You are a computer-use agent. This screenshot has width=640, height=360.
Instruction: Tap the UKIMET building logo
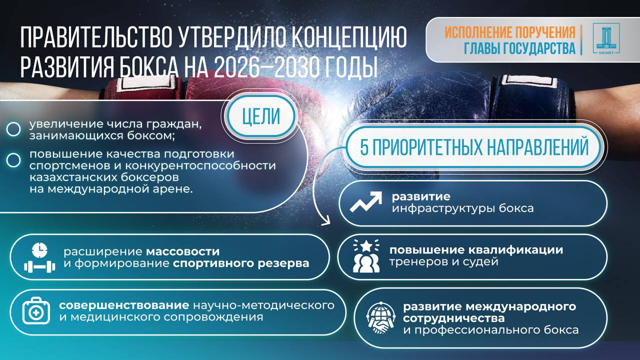click(606, 39)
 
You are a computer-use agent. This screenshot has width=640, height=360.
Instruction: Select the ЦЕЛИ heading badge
click(260, 116)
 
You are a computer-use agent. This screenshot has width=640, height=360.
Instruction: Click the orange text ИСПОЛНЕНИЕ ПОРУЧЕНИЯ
click(510, 33)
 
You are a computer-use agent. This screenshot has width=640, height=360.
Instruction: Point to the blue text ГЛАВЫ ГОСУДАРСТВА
click(519, 48)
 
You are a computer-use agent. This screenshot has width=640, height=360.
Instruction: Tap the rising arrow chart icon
click(366, 202)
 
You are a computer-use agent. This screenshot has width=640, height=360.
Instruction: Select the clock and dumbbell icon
click(39, 258)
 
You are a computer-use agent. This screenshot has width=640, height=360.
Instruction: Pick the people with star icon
click(366, 256)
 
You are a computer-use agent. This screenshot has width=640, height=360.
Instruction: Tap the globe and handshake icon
click(381, 318)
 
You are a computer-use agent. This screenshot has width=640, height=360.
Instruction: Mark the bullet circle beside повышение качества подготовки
click(13, 159)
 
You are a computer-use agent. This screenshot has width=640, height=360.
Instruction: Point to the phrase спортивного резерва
click(241, 263)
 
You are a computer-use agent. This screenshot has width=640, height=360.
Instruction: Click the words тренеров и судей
click(444, 261)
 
